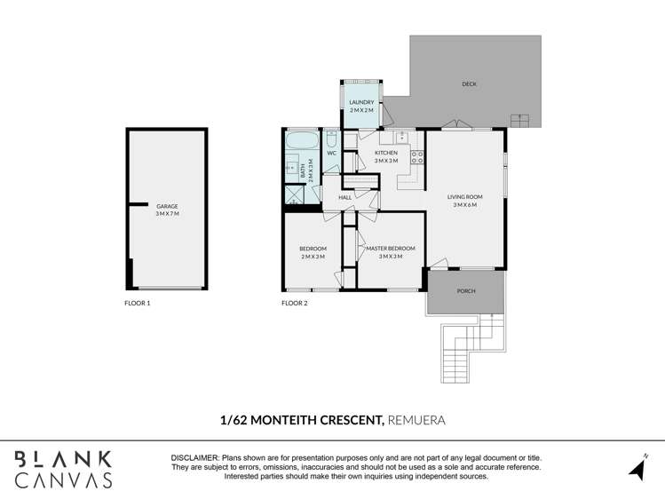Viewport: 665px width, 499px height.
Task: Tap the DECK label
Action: pos(469,84)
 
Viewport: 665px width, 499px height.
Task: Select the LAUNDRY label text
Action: pos(361,102)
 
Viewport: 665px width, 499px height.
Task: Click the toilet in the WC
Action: pos(330,139)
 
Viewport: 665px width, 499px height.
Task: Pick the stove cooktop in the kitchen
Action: pos(416,157)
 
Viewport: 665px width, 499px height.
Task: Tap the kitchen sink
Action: pos(402,136)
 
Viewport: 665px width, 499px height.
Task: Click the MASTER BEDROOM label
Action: pos(390,249)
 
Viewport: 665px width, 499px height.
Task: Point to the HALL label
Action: pos(344,197)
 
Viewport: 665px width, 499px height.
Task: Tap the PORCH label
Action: pos(465,291)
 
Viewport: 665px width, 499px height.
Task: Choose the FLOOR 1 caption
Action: pos(138,304)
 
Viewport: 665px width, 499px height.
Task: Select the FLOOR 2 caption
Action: pos(295,304)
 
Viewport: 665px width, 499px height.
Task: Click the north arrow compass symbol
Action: pos(637,466)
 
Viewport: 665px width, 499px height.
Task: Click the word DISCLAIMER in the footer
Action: pos(194,456)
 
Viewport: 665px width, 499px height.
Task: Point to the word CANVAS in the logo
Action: pos(63,480)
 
